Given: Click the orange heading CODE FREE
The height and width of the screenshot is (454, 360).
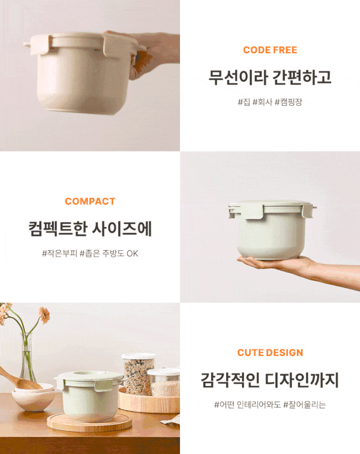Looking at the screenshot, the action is pos(270,50).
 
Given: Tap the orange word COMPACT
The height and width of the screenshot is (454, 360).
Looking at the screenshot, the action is pos(90,201).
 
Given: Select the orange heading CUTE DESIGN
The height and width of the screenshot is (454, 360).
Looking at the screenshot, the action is pos(270,352).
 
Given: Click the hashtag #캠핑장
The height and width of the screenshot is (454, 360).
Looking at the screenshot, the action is pos(288,102).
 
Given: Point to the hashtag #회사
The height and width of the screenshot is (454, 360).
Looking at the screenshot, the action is pos(262,102).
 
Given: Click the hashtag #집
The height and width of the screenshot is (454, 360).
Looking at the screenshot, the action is pos(244,102).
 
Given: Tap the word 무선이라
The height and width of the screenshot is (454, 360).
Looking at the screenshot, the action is pos(238,78).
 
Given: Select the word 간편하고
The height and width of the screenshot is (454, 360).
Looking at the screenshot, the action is pos(302,78).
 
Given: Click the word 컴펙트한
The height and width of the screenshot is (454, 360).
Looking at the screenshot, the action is pos(58,229).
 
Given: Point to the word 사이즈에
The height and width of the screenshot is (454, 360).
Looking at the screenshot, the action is pos(122,229).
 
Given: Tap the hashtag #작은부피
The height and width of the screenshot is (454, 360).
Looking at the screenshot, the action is pos(60,253).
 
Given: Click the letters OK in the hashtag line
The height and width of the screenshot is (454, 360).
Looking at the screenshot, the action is pos(133,254).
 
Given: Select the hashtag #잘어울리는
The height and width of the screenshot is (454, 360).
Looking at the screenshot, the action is pos(305,405).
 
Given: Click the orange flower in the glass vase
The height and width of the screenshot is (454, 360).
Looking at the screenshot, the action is pos(44,315).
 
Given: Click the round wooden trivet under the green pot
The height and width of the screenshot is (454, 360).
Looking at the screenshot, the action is pos(90,423).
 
